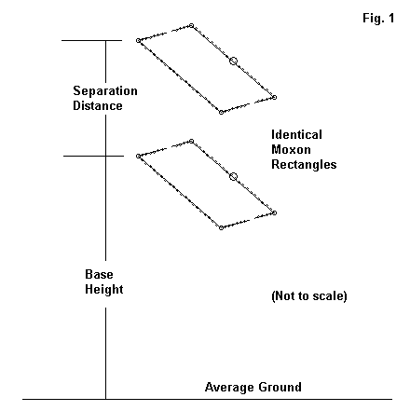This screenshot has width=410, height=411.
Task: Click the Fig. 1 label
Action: coord(378,18)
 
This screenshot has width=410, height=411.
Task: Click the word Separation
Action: coord(105,91)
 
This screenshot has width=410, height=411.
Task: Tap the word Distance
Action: coord(98,105)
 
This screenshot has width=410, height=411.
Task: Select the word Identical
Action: coord(296,135)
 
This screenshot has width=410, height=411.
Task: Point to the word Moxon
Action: coord(291,150)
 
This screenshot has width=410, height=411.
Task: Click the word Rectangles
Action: coord(304,165)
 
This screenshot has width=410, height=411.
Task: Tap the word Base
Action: coord(99,274)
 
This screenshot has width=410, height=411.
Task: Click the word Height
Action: coord(104,289)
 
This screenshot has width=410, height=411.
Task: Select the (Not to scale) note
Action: coord(309,295)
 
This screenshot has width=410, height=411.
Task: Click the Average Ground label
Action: coord(253,387)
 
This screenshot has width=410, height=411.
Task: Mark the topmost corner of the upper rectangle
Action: coord(192,25)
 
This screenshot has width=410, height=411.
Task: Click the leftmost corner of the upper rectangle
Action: coord(138,40)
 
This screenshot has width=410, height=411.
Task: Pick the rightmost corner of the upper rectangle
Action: coord(274,97)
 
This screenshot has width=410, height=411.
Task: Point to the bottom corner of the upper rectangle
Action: coord(221,113)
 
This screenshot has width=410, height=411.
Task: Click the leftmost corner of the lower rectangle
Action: coord(138,156)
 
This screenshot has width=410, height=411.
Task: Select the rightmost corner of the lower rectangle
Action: coord(274,212)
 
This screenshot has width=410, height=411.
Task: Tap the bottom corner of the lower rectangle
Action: coord(221,228)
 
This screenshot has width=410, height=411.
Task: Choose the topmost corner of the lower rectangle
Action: coord(192,142)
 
